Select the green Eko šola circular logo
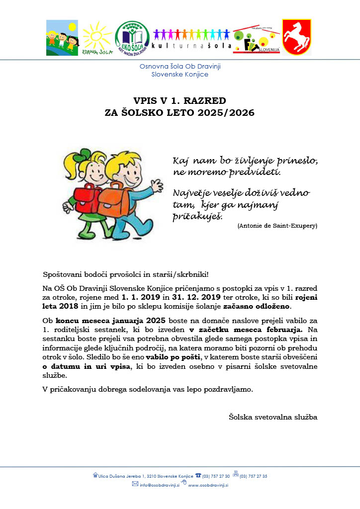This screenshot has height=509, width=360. click(132, 37)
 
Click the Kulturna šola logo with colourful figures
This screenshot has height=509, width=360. click(192, 37)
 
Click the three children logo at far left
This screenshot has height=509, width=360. click(62, 37)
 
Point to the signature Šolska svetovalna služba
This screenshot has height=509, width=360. click(272, 417)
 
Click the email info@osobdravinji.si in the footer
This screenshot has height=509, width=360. click(161, 485)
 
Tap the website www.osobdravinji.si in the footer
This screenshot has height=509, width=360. click(207, 485)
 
